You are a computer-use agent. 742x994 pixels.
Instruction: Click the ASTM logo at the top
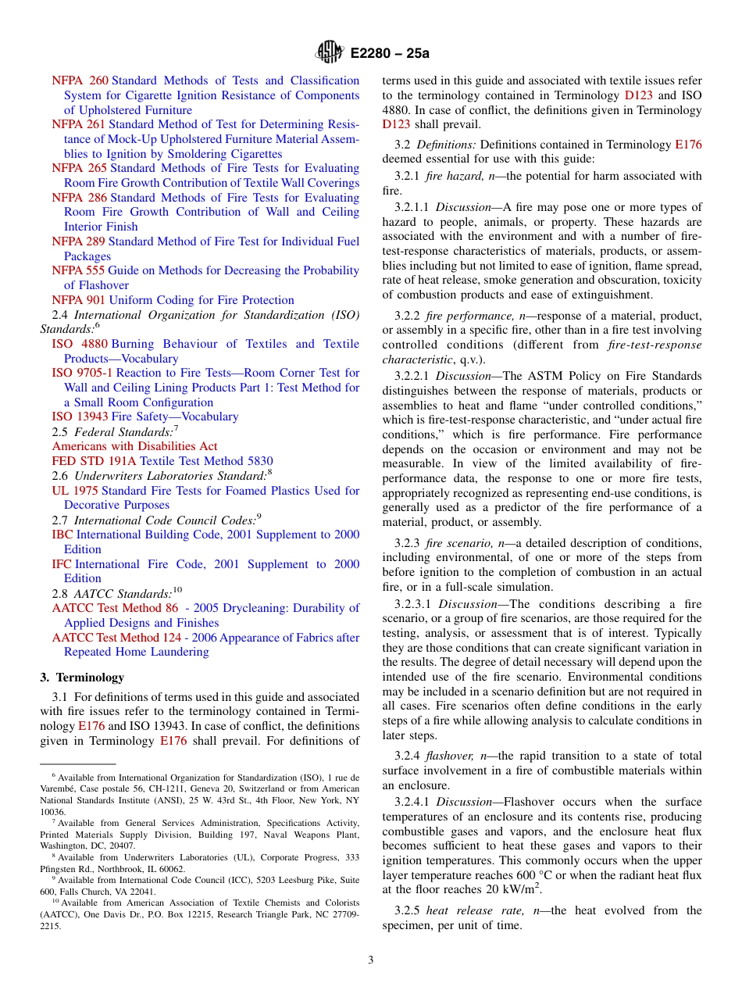(329, 52)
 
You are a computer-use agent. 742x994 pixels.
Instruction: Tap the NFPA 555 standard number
(77, 270)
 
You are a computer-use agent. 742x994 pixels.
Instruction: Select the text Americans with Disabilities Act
(134, 446)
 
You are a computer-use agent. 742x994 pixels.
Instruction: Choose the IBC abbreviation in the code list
(62, 535)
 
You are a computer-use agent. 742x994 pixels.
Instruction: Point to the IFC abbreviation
(62, 564)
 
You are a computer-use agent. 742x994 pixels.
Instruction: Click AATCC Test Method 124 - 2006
(134, 638)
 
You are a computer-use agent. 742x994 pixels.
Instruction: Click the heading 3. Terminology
(82, 677)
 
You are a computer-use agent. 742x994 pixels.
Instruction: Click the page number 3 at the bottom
(371, 960)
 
